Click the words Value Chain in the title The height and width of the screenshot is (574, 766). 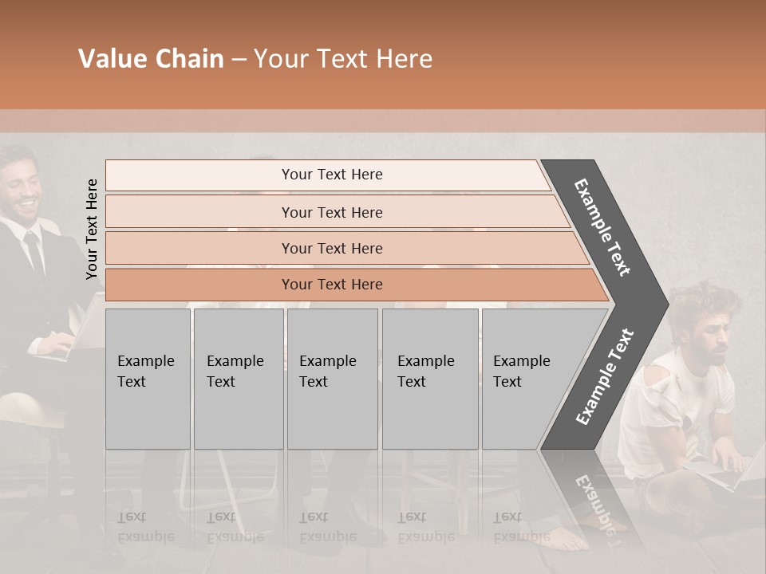pos(151,59)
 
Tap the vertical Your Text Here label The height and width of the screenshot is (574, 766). pos(92,229)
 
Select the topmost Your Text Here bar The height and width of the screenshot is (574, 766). pos(331,175)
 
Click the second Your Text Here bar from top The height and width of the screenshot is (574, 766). pos(331,212)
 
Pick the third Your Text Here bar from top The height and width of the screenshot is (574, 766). pos(331,248)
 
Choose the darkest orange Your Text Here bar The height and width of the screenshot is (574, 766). pos(331,285)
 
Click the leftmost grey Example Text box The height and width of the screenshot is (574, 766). pos(148,379)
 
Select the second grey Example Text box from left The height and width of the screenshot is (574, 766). pos(238,379)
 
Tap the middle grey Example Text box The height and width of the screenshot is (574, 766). pos(332,379)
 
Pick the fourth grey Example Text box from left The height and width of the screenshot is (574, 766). pos(429,379)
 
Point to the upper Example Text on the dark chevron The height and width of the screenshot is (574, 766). pos(602,227)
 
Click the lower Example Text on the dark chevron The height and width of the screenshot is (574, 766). pos(605,376)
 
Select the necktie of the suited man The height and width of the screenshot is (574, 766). pos(34,251)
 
